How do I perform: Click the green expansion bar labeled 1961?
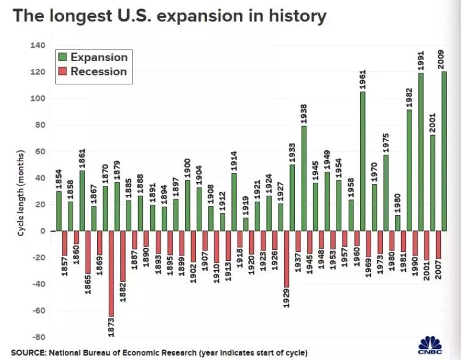[363, 162]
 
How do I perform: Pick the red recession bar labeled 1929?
[287, 259]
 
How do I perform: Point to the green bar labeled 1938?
[303, 178]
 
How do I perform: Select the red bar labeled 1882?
[122, 255]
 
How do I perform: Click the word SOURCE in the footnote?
[29, 353]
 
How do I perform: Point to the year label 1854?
[59, 178]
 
